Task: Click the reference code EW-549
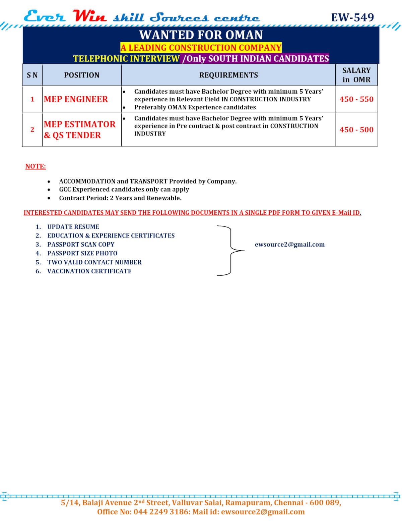point(352,17)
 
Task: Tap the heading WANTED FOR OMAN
point(201,35)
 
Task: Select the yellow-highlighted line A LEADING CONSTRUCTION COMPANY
point(201,48)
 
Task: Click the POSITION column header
point(82,75)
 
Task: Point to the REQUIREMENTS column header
point(228,75)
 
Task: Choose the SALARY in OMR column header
point(356,75)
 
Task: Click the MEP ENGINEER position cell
point(76,99)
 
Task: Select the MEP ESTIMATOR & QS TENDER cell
point(79,129)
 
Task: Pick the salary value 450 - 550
point(356,99)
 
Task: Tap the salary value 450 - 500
point(356,130)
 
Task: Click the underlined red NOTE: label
point(36,166)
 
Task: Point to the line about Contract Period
point(120,198)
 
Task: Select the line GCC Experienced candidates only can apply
point(124,189)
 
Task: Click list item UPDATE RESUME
point(73,227)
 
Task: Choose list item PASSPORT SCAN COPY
point(81,245)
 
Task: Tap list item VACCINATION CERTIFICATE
point(89,271)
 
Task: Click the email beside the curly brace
point(290,245)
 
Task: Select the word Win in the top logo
point(89,16)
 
